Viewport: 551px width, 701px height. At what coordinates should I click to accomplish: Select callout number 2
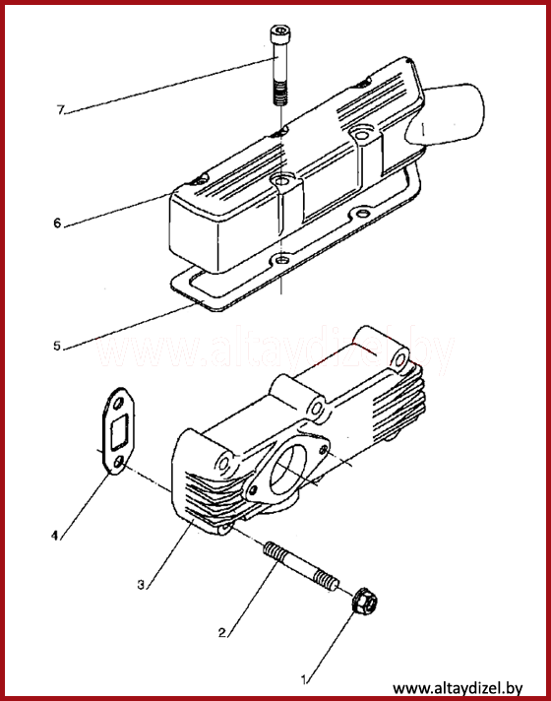(222, 633)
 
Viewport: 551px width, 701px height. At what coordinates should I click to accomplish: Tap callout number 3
(142, 584)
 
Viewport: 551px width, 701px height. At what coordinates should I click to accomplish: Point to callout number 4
(55, 536)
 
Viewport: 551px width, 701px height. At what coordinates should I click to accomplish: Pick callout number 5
(57, 346)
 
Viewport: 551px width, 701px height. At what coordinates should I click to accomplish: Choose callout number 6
(57, 223)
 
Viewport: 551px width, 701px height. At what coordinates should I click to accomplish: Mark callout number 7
(61, 109)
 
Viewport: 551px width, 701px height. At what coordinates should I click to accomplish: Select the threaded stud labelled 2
(301, 566)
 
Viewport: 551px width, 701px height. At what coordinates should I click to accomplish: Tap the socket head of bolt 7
(280, 33)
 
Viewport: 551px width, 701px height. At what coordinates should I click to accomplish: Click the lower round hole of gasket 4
(118, 462)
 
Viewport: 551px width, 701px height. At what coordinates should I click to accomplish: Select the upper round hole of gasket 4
(118, 404)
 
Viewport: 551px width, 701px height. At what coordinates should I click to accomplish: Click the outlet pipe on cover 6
(447, 114)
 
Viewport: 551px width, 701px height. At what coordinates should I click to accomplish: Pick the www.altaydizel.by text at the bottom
(458, 687)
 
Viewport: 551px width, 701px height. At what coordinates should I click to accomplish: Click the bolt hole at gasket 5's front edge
(281, 260)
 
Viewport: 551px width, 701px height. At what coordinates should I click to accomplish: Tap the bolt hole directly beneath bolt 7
(281, 181)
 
